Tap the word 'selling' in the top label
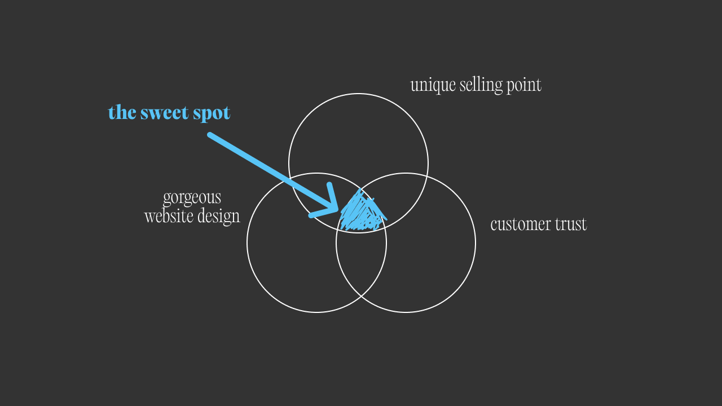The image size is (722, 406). tap(479, 85)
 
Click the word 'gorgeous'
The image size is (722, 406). tap(192, 198)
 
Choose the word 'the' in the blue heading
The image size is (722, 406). tap(121, 113)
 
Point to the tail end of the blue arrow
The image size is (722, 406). tap(210, 135)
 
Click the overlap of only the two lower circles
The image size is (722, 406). tap(361, 265)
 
